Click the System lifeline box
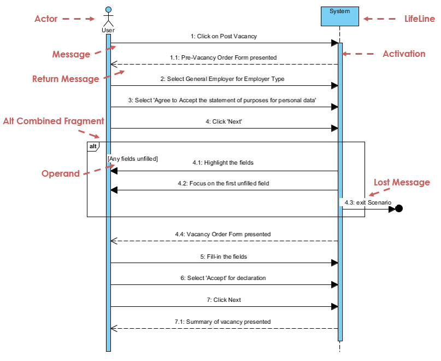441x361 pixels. pyautogui.click(x=340, y=16)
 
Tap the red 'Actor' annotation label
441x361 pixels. pyautogui.click(x=46, y=19)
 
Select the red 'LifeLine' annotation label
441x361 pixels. pyautogui.click(x=420, y=19)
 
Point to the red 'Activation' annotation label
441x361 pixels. pyautogui.click(x=404, y=54)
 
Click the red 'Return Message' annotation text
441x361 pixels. pyautogui.click(x=66, y=79)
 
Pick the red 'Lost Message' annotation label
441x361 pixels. pyautogui.click(x=402, y=182)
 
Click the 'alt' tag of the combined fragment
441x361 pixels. pyautogui.click(x=93, y=146)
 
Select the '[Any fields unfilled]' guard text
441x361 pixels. pyautogui.click(x=133, y=159)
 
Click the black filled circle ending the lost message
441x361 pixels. pyautogui.click(x=399, y=208)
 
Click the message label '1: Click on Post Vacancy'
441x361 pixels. pyautogui.click(x=224, y=37)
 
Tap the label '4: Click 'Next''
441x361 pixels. pyautogui.click(x=224, y=122)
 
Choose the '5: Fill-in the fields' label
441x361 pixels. pyautogui.click(x=224, y=256)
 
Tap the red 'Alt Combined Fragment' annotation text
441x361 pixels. pyautogui.click(x=54, y=121)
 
